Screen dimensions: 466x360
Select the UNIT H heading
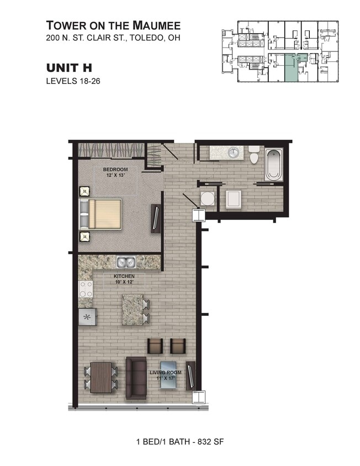pos(68,68)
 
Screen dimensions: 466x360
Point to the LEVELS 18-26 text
pos(72,81)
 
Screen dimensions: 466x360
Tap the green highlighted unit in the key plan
pos(290,68)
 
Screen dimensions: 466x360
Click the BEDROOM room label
pos(115,169)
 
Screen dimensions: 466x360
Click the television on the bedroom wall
pos(156,219)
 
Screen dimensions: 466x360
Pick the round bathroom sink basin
pos(234,152)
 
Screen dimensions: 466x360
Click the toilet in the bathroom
pos(254,155)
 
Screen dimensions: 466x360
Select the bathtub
pos(274,164)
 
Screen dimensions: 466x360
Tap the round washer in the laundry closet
pos(207,198)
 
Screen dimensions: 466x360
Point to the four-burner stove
pos(86,289)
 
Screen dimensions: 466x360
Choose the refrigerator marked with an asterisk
pos(87,317)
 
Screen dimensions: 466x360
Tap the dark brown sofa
pos(136,378)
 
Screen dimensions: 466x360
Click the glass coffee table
pos(169,376)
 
